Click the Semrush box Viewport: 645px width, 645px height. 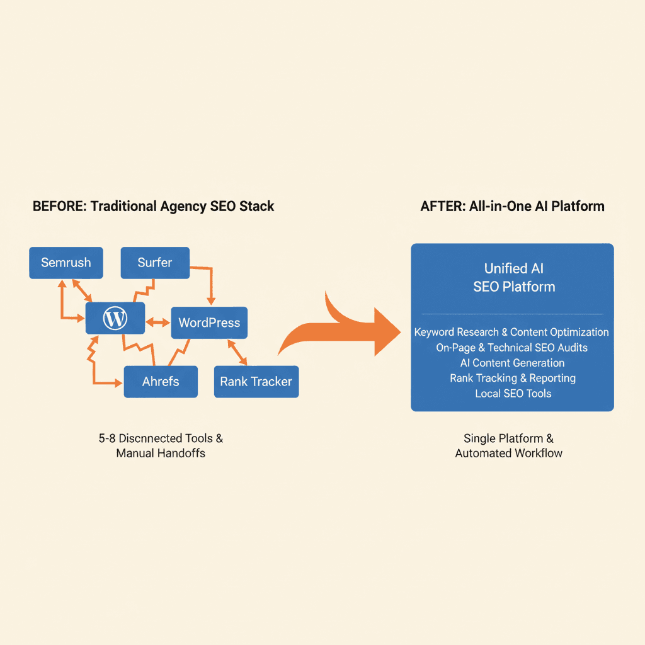pos(66,263)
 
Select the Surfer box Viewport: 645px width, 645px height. pos(155,263)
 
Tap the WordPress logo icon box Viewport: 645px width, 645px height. pos(115,318)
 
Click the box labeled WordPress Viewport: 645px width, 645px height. pos(209,323)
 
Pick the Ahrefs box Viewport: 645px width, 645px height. pos(161,382)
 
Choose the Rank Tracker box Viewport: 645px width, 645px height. pos(256,382)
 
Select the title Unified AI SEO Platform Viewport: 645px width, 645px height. pos(514,278)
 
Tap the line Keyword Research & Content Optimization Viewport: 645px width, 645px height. pos(511,332)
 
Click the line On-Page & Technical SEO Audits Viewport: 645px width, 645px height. pos(511,348)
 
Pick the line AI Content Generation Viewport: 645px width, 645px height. pos(512,363)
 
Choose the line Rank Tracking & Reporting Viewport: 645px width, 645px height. pos(513,378)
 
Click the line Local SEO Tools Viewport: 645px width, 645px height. pos(513,394)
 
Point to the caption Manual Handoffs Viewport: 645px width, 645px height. pos(161,453)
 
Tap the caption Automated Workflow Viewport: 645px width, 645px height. pos(509,453)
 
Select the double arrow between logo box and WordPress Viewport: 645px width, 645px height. pos(158,322)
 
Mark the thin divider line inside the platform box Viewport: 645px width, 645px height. pos(511,314)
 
